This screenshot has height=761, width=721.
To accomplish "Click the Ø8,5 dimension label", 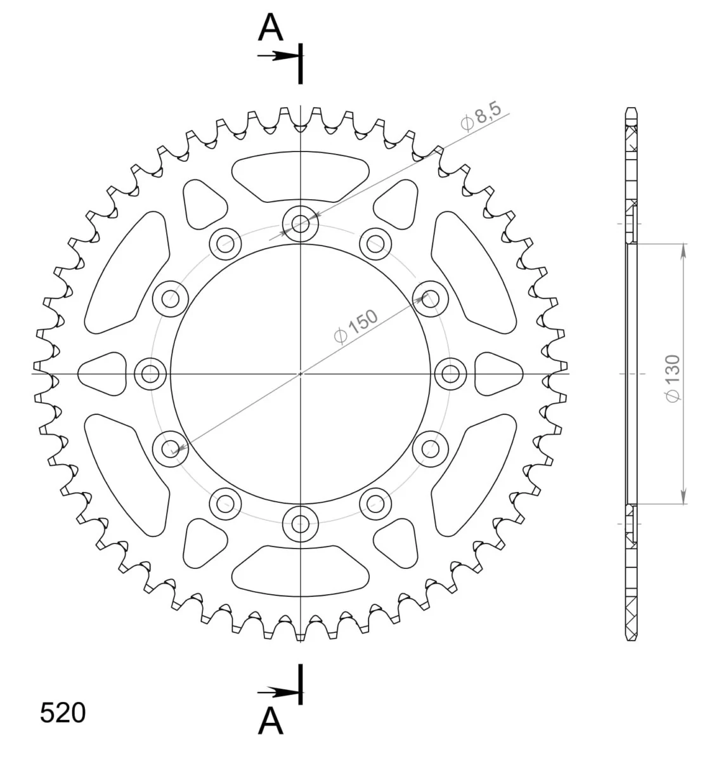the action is pyautogui.click(x=481, y=117).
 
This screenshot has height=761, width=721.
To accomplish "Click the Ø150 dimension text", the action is pyautogui.click(x=356, y=327).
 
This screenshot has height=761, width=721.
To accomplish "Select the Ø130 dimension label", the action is pyautogui.click(x=673, y=378).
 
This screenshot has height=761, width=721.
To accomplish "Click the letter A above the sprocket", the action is pyautogui.click(x=270, y=27).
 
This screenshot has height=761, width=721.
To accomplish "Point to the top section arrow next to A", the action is pyautogui.click(x=279, y=56).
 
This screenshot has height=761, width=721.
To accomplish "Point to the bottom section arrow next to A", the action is pyautogui.click(x=279, y=693).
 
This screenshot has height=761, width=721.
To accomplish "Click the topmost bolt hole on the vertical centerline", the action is pyautogui.click(x=300, y=223).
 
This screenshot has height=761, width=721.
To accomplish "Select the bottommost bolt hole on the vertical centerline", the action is pyautogui.click(x=300, y=524).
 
